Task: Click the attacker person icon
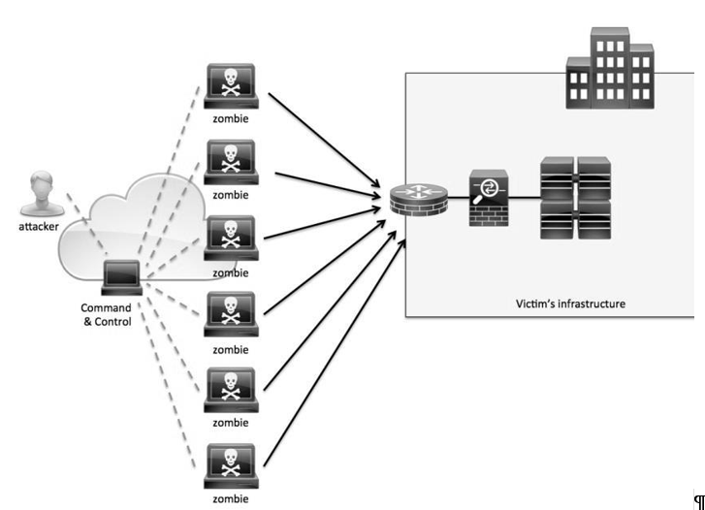[x=42, y=193]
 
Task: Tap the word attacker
[x=39, y=227]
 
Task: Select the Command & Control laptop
[x=121, y=277]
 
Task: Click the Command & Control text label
[x=107, y=315]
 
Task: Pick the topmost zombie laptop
[x=231, y=86]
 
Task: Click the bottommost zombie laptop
[x=231, y=466]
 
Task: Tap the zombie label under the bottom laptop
[x=231, y=498]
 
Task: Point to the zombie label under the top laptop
[x=231, y=118]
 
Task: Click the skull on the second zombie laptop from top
[x=230, y=158]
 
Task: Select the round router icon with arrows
[x=419, y=199]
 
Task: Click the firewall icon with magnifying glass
[x=489, y=198]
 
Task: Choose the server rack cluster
[x=575, y=198]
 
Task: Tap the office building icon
[x=610, y=68]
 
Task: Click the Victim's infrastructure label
[x=570, y=304]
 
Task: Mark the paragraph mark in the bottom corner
[x=699, y=501]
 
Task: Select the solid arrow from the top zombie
[x=324, y=140]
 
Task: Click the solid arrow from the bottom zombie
[x=334, y=353]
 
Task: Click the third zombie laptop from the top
[x=231, y=239]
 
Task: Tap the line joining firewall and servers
[x=525, y=198]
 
